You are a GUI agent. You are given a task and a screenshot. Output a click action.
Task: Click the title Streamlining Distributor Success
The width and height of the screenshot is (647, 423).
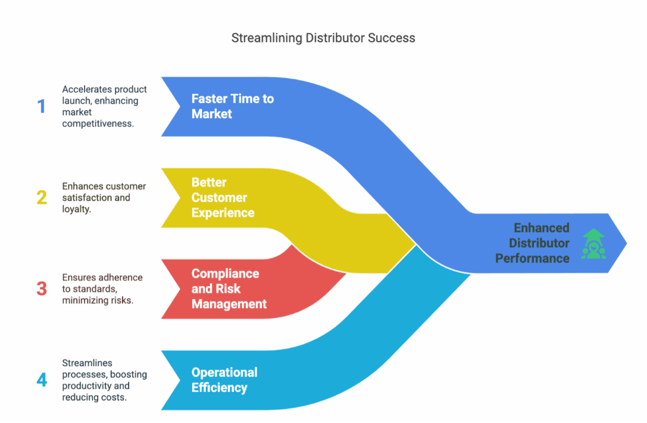point(323,38)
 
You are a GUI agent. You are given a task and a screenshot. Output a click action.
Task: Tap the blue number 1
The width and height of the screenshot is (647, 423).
point(42,106)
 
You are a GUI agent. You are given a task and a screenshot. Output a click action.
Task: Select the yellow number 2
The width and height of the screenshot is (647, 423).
point(42,197)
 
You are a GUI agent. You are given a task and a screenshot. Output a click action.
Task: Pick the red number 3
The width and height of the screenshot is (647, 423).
point(42,289)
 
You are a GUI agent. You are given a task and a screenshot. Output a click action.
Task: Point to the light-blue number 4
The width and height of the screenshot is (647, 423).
point(42,380)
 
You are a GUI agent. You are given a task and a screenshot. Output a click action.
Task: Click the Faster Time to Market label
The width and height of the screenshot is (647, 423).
point(232,106)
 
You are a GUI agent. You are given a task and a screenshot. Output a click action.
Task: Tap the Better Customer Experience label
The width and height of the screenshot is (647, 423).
point(222,197)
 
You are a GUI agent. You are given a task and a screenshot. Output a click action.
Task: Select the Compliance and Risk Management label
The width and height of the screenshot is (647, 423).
point(229,289)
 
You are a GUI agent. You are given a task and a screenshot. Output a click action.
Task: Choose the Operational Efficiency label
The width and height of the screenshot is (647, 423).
point(224,380)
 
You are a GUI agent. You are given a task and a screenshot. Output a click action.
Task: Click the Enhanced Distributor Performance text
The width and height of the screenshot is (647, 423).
point(533,243)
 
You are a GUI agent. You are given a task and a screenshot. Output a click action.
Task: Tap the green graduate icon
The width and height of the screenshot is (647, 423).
point(593,243)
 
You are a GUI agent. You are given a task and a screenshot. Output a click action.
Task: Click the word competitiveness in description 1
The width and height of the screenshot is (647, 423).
point(98,124)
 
